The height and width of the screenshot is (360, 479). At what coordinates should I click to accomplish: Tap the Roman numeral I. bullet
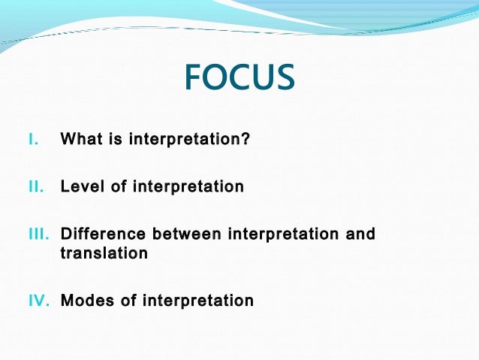point(32,139)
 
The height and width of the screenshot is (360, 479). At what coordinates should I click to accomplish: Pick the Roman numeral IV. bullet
point(38,301)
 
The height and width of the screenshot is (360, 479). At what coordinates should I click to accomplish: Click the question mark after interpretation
point(245,139)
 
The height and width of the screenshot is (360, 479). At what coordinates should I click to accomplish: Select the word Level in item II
point(83,186)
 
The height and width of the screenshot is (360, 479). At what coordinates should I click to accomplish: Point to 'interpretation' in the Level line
point(188,186)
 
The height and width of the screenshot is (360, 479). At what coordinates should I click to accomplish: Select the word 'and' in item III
point(360,234)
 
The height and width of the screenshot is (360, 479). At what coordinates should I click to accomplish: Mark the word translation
point(104,253)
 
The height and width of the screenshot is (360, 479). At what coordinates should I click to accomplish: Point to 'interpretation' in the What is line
point(185,139)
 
